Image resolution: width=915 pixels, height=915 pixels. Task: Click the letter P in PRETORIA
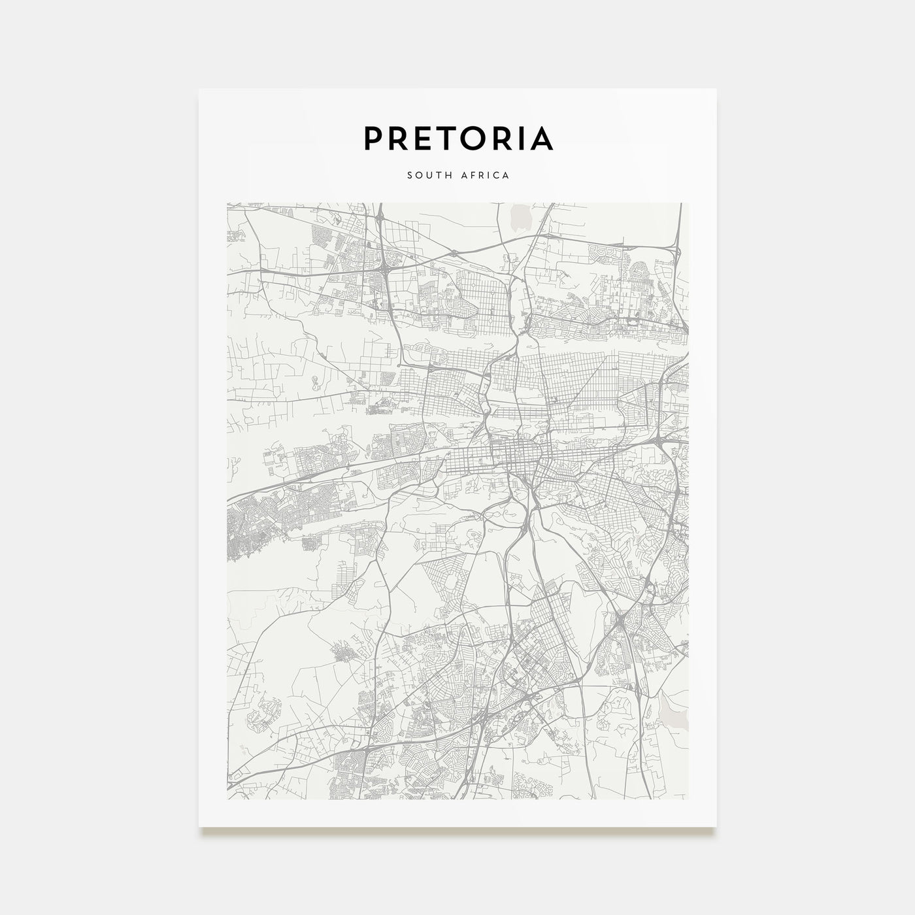(x=374, y=138)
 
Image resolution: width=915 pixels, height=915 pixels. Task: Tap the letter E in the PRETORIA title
(x=424, y=138)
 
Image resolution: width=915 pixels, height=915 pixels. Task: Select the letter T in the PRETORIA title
(x=448, y=138)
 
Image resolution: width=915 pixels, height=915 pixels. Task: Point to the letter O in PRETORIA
(x=475, y=138)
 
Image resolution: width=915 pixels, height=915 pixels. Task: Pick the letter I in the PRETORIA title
(x=521, y=138)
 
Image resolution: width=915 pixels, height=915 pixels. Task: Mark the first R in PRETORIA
(x=399, y=138)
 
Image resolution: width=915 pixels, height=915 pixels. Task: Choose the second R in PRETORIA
(x=503, y=138)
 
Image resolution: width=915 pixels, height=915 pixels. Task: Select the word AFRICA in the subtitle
(x=486, y=175)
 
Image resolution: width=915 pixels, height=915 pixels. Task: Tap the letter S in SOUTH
(x=409, y=175)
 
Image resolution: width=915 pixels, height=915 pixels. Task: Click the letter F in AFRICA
(x=472, y=175)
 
